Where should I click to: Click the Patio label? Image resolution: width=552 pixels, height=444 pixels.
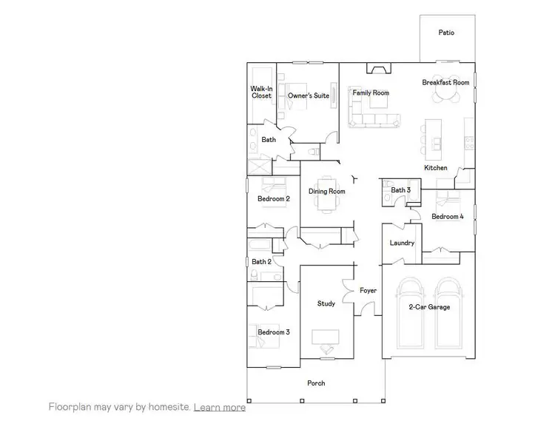[x=445, y=33]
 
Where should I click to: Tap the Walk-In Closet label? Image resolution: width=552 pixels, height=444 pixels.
[x=261, y=92]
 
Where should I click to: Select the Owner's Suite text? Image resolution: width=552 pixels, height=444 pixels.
[x=309, y=95]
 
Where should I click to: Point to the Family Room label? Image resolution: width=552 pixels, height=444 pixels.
[x=370, y=93]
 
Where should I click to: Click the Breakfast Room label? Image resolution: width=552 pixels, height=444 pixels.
[x=445, y=83]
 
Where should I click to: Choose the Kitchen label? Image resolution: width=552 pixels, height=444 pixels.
[x=435, y=168]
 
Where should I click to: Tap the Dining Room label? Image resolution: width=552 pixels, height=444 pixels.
[x=327, y=192]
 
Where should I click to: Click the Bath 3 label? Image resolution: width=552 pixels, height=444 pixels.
[x=400, y=191]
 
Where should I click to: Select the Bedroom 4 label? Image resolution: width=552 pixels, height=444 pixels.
[x=448, y=217]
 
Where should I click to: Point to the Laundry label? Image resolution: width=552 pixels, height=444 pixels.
[x=401, y=243]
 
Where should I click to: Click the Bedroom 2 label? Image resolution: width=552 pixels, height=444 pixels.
[x=273, y=199]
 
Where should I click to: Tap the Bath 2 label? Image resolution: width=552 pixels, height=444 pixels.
[x=261, y=262]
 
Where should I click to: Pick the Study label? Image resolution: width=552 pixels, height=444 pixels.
[x=326, y=303]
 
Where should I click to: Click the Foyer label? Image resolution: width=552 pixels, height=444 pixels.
[x=368, y=291]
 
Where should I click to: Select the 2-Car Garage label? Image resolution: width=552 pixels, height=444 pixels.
[x=429, y=307]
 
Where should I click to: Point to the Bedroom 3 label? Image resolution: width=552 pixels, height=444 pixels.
[x=273, y=333]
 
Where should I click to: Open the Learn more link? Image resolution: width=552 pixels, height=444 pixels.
[x=220, y=407]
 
